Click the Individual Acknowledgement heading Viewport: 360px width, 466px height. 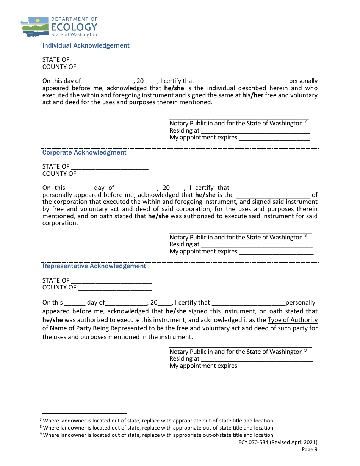pos(86,45)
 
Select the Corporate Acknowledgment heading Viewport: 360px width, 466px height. pos(84,152)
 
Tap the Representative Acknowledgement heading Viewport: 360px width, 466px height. pos(94,266)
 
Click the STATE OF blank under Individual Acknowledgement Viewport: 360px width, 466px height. pos(110,60)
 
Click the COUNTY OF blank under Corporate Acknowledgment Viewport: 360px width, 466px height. pos(113,174)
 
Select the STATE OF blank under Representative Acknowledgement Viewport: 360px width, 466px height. pos(111,281)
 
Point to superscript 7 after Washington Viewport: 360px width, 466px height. pos(305,122)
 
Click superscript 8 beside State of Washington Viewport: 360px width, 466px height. pos(305,236)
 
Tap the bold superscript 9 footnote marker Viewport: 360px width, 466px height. pos(305,350)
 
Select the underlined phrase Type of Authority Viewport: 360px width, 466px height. pos(293,320)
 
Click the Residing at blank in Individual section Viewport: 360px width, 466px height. pos(255,131)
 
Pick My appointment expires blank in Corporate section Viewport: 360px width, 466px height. pos(276,252)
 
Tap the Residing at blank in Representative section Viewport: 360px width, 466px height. pos(257,359)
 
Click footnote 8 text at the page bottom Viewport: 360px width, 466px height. pos(158,428)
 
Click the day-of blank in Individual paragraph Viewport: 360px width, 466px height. pos(108,81)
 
